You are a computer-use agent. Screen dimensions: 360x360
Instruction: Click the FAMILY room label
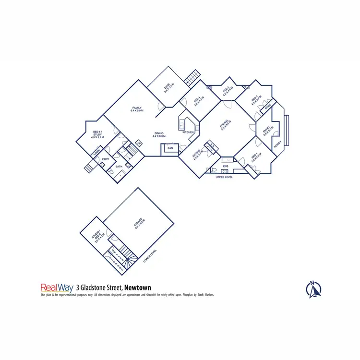pyautogui.click(x=137, y=109)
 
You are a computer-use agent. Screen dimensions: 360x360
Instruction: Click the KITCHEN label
pyautogui.click(x=188, y=132)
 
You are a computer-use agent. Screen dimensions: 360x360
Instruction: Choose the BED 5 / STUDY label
pyautogui.click(x=97, y=134)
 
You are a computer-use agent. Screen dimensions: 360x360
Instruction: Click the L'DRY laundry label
pyautogui.click(x=105, y=159)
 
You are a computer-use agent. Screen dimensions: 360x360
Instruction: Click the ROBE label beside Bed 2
pyautogui.click(x=267, y=106)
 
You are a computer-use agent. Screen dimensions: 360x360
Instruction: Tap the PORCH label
pyautogui.click(x=277, y=144)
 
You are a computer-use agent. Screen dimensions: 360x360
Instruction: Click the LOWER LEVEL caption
pyautogui.click(x=150, y=256)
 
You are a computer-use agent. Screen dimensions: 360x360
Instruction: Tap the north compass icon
pyautogui.click(x=313, y=289)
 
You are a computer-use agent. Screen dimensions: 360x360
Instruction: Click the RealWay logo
pyautogui.click(x=57, y=288)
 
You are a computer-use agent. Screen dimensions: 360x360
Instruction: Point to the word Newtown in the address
pyautogui.click(x=137, y=288)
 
